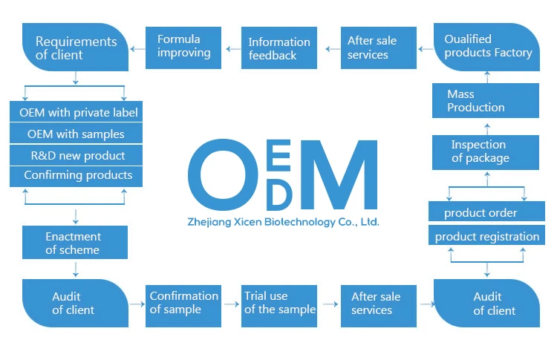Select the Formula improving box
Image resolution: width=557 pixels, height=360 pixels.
pos(183,48)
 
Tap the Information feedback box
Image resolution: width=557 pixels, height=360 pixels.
pos(279,49)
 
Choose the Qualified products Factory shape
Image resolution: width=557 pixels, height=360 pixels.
pos(487,47)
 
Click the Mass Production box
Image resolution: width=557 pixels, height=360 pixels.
pos(485,101)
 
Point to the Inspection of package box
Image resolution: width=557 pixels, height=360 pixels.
pos(485,151)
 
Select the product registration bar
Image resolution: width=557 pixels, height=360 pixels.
pos(486,237)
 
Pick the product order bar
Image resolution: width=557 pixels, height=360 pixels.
pos(486,213)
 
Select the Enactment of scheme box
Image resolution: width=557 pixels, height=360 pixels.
pos(74,243)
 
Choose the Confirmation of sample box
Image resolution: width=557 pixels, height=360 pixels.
pos(183,303)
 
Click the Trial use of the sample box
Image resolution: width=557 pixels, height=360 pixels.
pos(279,303)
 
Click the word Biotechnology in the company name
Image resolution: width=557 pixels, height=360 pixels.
pos(291,222)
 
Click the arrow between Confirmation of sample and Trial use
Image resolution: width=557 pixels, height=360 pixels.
pos(231,303)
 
